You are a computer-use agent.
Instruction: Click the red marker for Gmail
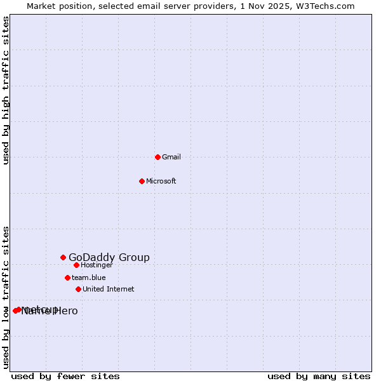(x=157, y=157)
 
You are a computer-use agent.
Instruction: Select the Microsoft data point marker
(x=142, y=181)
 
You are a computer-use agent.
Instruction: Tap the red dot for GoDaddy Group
(x=63, y=257)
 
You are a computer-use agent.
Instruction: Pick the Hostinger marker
(x=76, y=265)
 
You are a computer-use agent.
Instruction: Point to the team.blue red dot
(x=67, y=277)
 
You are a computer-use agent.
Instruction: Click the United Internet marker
(x=78, y=289)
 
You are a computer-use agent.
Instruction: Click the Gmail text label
(x=171, y=157)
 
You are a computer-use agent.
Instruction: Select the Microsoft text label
(x=161, y=181)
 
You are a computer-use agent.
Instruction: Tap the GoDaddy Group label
(x=109, y=257)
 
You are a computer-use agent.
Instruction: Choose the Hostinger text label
(x=97, y=265)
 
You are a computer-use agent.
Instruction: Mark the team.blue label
(x=89, y=277)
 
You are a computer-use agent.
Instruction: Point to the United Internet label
(x=109, y=289)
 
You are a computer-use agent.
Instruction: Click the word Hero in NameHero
(x=65, y=311)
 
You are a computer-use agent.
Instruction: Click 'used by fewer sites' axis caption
(x=65, y=376)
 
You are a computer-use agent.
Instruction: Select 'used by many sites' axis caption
(x=319, y=376)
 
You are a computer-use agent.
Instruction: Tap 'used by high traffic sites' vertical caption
(x=6, y=90)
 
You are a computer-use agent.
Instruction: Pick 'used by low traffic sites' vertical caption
(x=6, y=297)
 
